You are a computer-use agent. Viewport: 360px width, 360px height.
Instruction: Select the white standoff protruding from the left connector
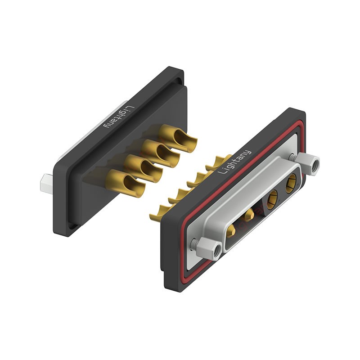[x=45, y=183]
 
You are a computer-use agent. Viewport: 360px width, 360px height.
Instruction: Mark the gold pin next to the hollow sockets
[x=248, y=218]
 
